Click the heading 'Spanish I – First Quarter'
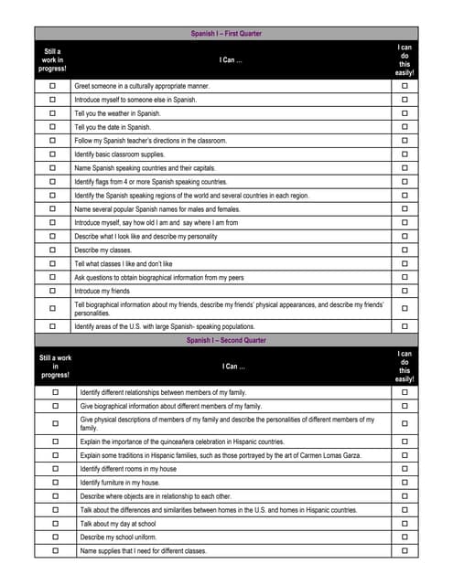click(226, 34)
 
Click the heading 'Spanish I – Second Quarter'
click(226, 340)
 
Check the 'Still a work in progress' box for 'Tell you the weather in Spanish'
click(52, 113)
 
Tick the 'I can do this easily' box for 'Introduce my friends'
click(404, 291)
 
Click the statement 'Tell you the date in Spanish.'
click(113, 127)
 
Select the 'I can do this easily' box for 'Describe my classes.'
click(404, 250)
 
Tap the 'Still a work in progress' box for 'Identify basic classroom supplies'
click(52, 154)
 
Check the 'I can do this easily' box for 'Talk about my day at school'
click(404, 524)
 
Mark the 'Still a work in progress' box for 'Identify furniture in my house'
click(55, 483)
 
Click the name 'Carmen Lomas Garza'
click(322, 455)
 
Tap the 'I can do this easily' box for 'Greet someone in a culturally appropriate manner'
click(404, 86)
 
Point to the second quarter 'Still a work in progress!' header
click(55, 366)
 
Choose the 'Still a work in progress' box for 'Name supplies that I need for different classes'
click(55, 551)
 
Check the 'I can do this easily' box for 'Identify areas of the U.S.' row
click(404, 326)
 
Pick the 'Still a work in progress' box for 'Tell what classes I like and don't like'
click(52, 263)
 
